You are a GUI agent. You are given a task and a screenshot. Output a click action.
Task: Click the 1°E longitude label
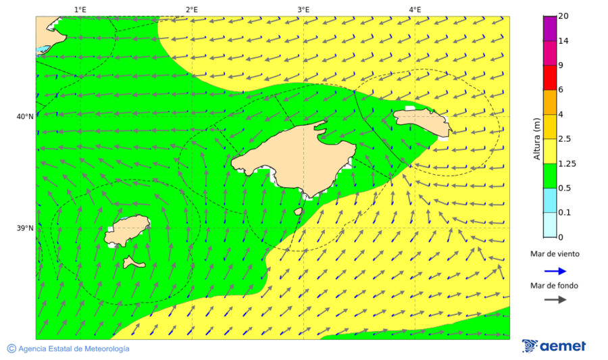80,9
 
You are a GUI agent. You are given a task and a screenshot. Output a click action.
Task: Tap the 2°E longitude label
191,9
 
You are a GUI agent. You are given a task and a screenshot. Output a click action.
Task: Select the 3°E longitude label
303,9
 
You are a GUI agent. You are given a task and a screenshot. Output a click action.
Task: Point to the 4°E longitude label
415,9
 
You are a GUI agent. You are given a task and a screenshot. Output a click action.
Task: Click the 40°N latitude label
25,117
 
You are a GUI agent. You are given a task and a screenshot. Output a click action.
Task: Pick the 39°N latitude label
25,228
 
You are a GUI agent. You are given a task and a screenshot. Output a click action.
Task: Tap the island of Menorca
422,120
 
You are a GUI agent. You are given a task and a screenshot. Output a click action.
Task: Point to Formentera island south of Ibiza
133,262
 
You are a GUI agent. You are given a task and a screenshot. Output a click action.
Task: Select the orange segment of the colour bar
549,102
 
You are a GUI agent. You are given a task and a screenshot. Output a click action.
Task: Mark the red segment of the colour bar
549,78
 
